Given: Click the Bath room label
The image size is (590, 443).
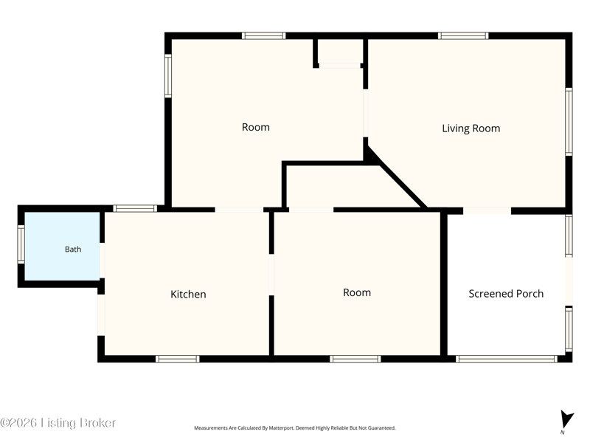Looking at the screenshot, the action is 73,249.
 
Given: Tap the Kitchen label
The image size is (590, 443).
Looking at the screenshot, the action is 188,294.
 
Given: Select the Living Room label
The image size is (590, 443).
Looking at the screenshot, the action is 471,128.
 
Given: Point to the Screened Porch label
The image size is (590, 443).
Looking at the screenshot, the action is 506,294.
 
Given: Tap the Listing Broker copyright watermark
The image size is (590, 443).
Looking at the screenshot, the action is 58,422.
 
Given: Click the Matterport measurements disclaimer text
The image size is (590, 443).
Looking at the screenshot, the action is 294,428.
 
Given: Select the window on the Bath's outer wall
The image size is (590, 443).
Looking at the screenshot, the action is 21,244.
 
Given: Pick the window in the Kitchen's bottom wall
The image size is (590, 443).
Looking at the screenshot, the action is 177,359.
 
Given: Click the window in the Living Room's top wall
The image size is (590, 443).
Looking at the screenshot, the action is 463,35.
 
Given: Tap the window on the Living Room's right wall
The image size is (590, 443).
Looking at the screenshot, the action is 569,122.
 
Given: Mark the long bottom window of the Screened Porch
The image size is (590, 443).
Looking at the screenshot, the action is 506,359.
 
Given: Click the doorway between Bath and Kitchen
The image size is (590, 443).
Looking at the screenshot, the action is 102,261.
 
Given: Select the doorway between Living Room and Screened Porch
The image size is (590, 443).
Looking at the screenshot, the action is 487,210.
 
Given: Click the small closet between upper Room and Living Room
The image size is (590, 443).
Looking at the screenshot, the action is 340,52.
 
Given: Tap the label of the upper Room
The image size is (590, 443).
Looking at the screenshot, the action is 256,127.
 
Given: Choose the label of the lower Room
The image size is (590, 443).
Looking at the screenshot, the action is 357,292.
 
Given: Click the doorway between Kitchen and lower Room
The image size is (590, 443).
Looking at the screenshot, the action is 271,275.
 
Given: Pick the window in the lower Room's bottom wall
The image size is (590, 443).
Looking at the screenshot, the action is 355,359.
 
